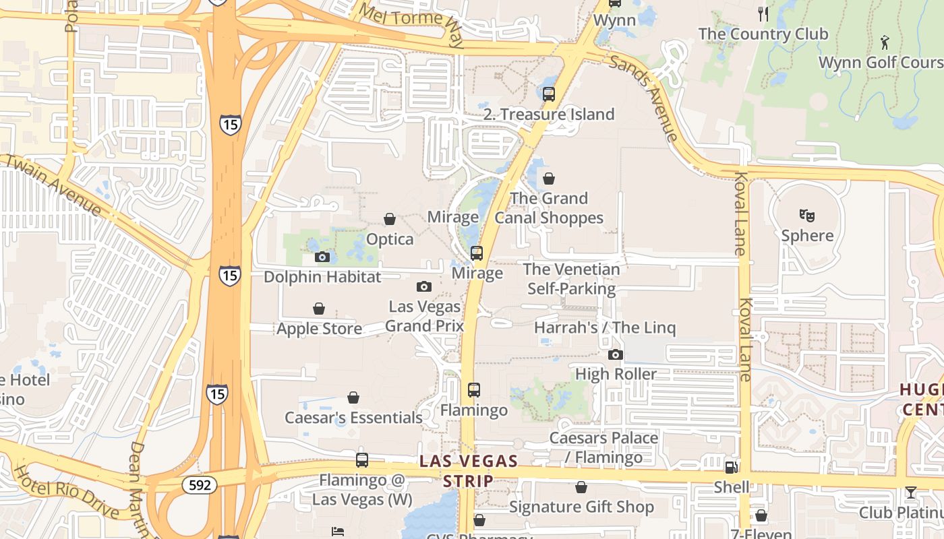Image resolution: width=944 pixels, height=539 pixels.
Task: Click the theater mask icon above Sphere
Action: pos(806,216)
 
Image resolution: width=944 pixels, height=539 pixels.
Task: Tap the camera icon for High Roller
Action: pos(615,354)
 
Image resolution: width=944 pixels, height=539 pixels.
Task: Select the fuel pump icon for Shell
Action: pos(730,467)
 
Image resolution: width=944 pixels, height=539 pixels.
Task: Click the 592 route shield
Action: pos(200,484)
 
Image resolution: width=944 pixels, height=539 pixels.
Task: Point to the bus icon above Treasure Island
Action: pos(549,94)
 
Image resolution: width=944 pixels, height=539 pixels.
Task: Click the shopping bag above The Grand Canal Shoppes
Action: pos(549,179)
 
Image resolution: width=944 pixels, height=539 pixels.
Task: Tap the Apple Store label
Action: pos(319,329)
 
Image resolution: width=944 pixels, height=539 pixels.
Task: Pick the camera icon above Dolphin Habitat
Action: pos(322,257)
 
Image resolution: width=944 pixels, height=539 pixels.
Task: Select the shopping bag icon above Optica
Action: pos(390,219)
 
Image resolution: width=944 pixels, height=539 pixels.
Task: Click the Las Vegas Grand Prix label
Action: pos(424,316)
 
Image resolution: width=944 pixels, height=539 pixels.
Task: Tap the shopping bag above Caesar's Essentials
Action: pos(353,398)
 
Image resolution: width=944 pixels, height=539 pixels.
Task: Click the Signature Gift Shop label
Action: pos(581,507)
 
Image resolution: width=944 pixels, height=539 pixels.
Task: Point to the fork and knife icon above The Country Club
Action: pos(763,13)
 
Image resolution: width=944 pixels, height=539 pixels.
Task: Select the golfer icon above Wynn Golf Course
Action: pos(885,42)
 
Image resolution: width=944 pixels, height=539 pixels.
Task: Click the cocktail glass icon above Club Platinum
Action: pos(910,493)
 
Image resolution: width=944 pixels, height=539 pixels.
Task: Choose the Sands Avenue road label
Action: pos(644,98)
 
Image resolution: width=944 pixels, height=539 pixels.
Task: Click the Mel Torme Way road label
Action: pos(411,25)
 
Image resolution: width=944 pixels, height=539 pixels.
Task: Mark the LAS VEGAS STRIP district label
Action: pos(468,471)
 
